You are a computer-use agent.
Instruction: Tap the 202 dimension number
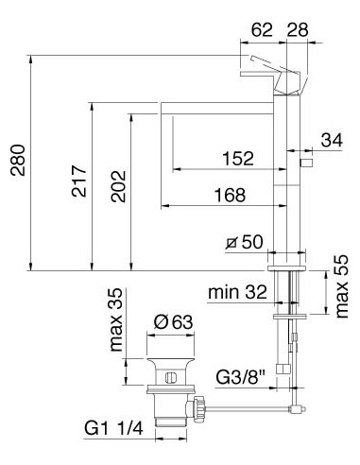click(x=117, y=180)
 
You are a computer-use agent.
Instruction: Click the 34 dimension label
click(x=332, y=141)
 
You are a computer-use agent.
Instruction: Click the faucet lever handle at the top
click(x=268, y=73)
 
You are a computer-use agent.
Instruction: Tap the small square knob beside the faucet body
click(x=306, y=164)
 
